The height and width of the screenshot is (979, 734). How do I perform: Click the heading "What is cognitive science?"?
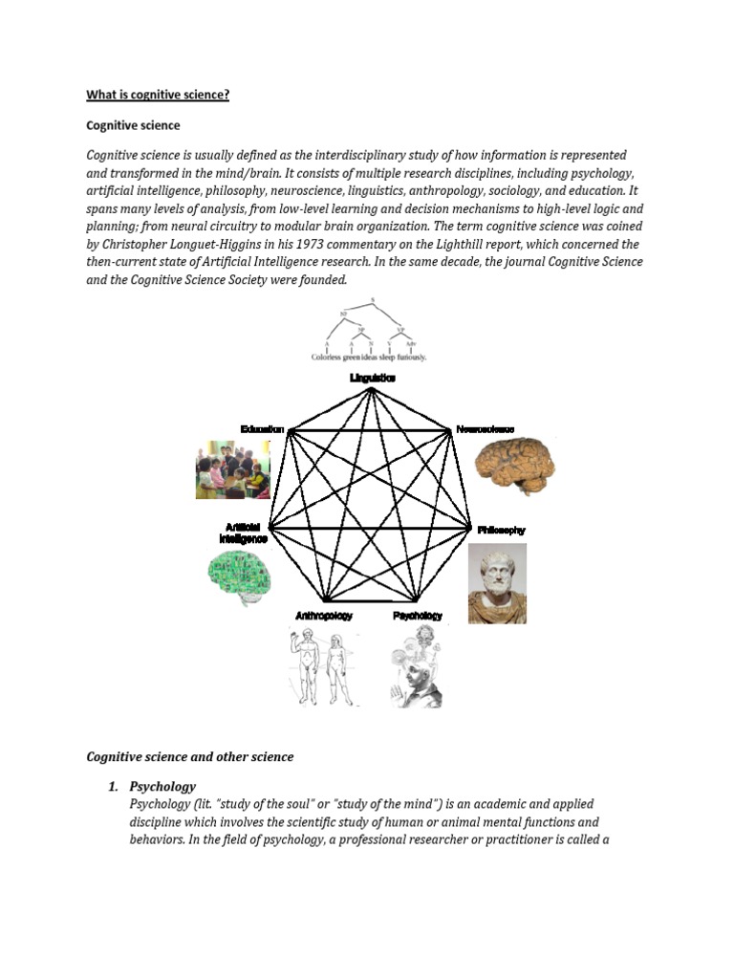coord(158,95)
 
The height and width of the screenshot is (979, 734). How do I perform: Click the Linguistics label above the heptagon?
coord(373,379)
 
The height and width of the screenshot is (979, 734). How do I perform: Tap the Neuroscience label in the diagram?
coord(486,430)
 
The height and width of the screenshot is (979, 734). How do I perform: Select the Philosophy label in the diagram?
coord(502,530)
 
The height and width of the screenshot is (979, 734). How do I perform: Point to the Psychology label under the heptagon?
coord(418,617)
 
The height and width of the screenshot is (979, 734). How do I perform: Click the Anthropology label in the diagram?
coord(324,617)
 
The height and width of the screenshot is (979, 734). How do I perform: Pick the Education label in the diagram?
coord(263,430)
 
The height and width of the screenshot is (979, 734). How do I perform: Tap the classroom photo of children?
coord(232,469)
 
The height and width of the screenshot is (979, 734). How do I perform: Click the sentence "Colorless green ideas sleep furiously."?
coord(369,358)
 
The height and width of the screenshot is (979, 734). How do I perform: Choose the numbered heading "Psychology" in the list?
coord(162,787)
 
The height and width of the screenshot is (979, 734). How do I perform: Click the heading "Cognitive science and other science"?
coord(190,756)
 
